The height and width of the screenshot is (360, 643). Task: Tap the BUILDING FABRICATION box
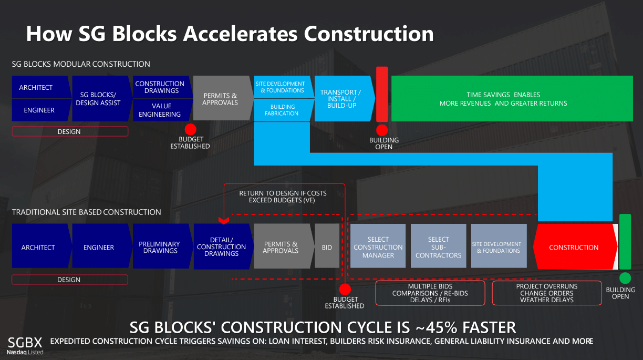pyautogui.click(x=283, y=110)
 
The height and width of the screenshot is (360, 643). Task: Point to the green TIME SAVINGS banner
pyautogui.click(x=512, y=98)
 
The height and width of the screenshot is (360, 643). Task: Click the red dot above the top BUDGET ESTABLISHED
pyautogui.click(x=190, y=129)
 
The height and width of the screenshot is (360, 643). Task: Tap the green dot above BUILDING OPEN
pyautogui.click(x=625, y=278)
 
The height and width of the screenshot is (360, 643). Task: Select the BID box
pyautogui.click(x=327, y=246)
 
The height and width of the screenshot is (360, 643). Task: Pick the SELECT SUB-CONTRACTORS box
pyautogui.click(x=438, y=246)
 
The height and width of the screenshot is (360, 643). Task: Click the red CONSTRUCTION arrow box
pyautogui.click(x=575, y=246)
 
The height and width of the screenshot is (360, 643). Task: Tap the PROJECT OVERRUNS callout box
pyautogui.click(x=547, y=293)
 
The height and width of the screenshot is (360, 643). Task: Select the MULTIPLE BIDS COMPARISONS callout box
pyautogui.click(x=430, y=293)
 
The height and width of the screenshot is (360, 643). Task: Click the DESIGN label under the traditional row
pyautogui.click(x=69, y=280)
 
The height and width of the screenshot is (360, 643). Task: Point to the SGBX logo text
pyautogui.click(x=25, y=343)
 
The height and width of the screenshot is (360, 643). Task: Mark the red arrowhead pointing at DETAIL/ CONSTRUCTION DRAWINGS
pyautogui.click(x=224, y=221)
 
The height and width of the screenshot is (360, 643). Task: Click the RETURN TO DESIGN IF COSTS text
pyautogui.click(x=283, y=193)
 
